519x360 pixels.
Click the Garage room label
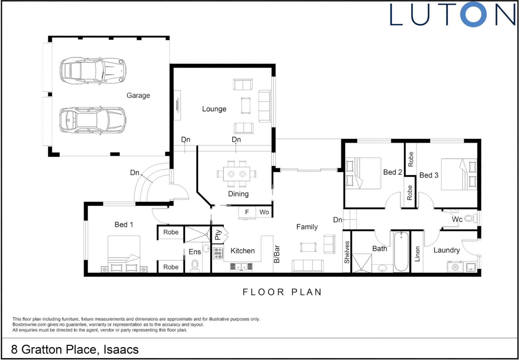click(138, 95)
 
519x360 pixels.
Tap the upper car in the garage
click(93, 71)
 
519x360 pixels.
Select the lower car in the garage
click(93, 120)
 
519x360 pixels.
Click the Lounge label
click(214, 109)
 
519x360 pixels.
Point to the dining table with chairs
click(237, 174)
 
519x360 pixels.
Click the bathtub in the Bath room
click(401, 251)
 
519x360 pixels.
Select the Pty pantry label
click(218, 235)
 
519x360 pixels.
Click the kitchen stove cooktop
click(218, 253)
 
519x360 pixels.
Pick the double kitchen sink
click(241, 266)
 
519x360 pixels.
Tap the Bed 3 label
click(429, 175)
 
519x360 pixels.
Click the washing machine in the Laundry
click(455, 267)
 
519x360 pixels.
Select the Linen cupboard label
click(417, 254)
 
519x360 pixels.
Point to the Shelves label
click(347, 252)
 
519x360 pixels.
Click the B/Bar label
click(276, 254)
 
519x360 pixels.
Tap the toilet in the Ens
click(195, 266)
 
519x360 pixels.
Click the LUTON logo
click(452, 14)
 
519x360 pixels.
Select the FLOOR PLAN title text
click(282, 292)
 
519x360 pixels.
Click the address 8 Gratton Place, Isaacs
click(75, 349)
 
